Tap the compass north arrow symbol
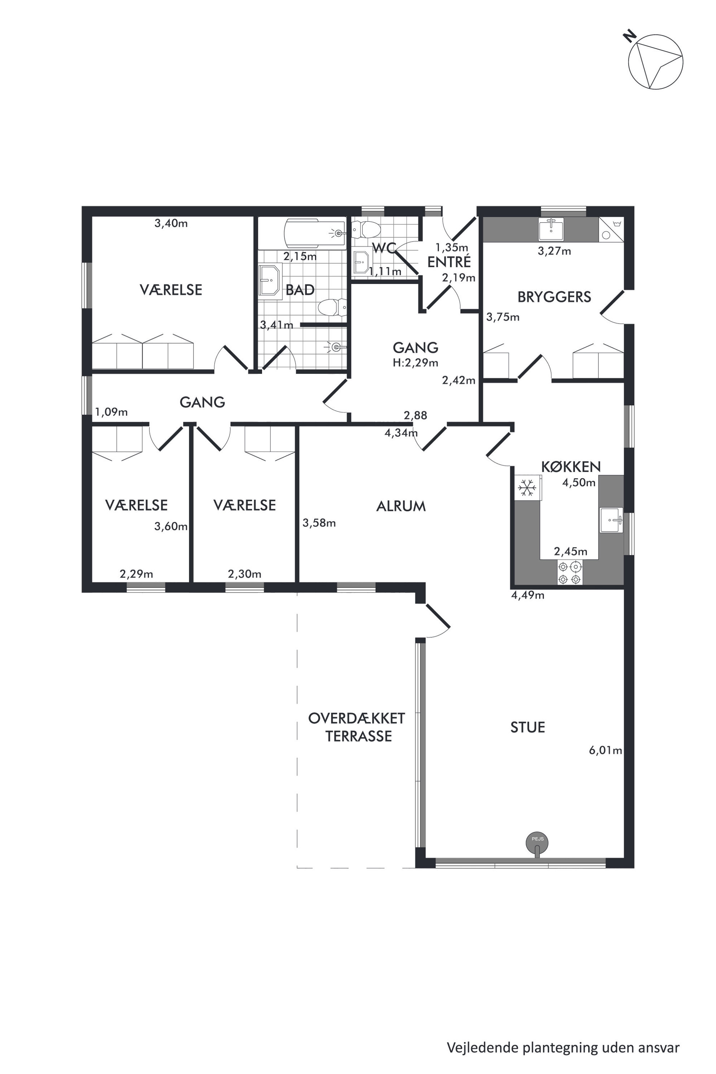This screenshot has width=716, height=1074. coord(655,61)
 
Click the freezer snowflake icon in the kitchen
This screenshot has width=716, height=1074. coord(527,487)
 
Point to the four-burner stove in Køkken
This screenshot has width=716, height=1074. coord(570,573)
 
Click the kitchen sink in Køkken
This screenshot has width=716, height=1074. coord(611,520)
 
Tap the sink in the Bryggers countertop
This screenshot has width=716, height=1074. coord(551,229)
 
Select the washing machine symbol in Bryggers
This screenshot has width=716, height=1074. coord(611,230)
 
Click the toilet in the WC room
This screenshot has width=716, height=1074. coord(366,229)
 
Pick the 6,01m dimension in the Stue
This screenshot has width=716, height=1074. coord(606,750)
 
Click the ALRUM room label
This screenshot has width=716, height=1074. coord(401,506)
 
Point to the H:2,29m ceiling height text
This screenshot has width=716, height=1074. coord(415,363)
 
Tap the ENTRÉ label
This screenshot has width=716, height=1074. coord(449,262)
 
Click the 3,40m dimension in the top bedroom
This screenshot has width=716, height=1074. coord(171,223)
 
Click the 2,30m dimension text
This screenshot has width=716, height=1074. coord(245,573)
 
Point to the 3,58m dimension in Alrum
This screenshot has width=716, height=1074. coord(319,523)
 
